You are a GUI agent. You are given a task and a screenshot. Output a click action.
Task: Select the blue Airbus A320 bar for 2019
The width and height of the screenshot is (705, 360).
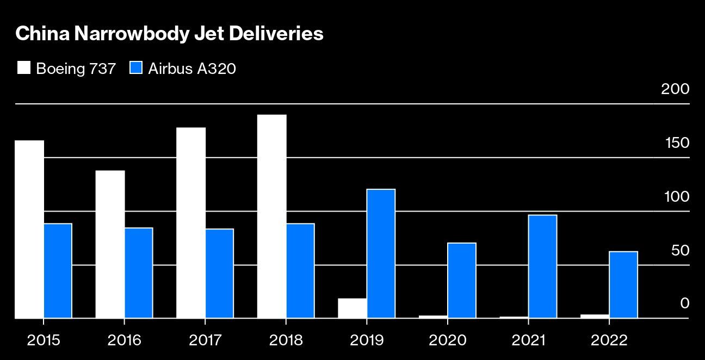(381, 253)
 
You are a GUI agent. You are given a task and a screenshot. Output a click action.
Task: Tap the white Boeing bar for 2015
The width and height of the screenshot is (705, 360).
(29, 229)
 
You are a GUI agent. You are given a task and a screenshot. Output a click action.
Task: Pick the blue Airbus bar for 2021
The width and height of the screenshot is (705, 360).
(542, 266)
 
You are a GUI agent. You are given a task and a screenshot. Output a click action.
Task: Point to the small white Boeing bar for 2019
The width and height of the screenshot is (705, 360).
(352, 308)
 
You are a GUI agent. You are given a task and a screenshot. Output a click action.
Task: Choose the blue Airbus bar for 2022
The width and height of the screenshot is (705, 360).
(623, 284)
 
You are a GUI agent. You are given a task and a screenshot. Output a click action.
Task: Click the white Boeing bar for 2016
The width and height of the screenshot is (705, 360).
(110, 244)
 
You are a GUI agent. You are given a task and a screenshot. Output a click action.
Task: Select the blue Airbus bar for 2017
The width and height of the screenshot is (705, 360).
(219, 273)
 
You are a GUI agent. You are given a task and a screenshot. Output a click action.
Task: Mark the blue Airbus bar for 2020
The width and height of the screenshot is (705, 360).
(462, 280)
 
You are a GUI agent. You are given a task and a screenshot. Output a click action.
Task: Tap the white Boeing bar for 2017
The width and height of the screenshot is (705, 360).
(191, 222)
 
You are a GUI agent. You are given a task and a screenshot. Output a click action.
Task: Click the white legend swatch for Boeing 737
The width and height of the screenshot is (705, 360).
(24, 69)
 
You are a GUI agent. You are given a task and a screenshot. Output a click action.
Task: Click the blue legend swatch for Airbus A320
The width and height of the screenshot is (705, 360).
(136, 69)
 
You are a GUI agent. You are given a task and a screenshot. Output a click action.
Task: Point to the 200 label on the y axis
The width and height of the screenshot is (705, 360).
(675, 89)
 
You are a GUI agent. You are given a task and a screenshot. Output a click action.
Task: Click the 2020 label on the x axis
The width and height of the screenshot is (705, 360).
(447, 340)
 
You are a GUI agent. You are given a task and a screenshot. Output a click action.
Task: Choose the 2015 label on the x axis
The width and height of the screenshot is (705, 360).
(44, 340)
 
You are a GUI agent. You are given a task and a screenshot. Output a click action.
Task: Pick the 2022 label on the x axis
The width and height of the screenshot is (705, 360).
(609, 340)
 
